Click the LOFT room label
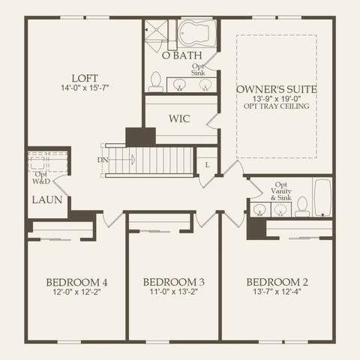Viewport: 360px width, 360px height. (85, 78)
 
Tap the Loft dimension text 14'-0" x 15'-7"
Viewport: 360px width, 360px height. (85, 88)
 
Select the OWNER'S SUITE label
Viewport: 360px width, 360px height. (277, 89)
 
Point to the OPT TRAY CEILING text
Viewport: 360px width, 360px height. (277, 106)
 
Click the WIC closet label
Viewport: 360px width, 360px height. (179, 118)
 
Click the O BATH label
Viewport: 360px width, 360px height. (181, 55)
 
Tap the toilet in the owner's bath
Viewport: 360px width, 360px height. (156, 82)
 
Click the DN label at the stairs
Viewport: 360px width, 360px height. (103, 160)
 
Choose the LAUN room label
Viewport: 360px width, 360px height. (47, 199)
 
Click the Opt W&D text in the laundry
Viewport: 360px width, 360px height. (41, 178)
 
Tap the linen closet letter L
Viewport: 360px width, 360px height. (207, 165)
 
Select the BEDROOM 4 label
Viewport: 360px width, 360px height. (76, 283)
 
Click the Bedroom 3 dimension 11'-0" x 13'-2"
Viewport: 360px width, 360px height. (174, 292)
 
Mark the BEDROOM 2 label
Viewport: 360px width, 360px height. (277, 282)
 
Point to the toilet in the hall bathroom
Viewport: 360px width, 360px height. (302, 206)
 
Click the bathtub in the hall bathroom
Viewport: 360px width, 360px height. (322, 197)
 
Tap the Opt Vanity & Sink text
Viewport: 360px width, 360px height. (281, 191)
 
